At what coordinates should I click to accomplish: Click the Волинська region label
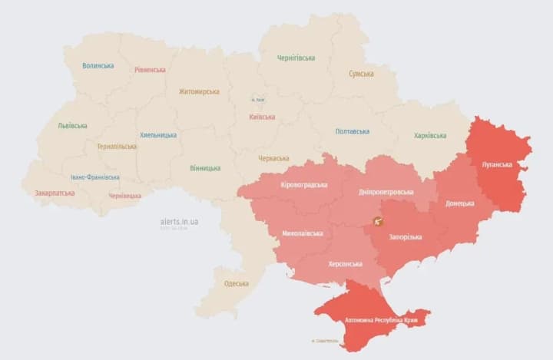click(x=98, y=66)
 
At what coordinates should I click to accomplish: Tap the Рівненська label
click(x=150, y=70)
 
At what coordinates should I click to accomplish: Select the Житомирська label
click(x=199, y=91)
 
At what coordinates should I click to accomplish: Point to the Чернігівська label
click(x=296, y=58)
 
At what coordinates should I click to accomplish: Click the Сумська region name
click(x=361, y=74)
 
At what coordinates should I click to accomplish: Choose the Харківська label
click(x=430, y=136)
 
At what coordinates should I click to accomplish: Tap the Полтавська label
click(x=353, y=131)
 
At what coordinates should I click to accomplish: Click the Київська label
click(x=263, y=117)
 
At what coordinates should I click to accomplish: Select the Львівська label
click(x=72, y=126)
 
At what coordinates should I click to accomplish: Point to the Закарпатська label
click(x=55, y=193)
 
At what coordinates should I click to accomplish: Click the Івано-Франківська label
click(x=94, y=177)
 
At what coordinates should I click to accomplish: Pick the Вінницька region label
click(x=205, y=168)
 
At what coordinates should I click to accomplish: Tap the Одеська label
click(x=237, y=283)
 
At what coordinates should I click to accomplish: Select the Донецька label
click(x=461, y=203)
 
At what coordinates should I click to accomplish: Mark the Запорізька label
click(x=406, y=236)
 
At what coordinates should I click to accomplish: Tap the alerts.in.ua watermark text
click(x=179, y=221)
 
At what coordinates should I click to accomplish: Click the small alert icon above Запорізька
click(x=379, y=221)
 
